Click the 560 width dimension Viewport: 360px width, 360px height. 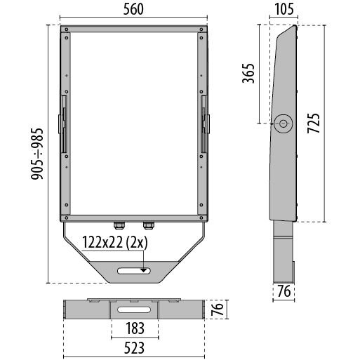[133, 10]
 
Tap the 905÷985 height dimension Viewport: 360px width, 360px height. [37, 154]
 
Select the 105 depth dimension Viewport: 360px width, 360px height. [284, 10]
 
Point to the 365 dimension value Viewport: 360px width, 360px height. [248, 73]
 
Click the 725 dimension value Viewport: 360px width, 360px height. [314, 124]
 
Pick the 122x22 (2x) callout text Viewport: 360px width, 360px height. [115, 243]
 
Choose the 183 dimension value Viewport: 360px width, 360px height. [135, 328]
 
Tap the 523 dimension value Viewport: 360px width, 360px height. [134, 348]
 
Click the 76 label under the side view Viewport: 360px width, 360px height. [284, 291]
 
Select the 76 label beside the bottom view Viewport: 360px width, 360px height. [218, 309]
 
